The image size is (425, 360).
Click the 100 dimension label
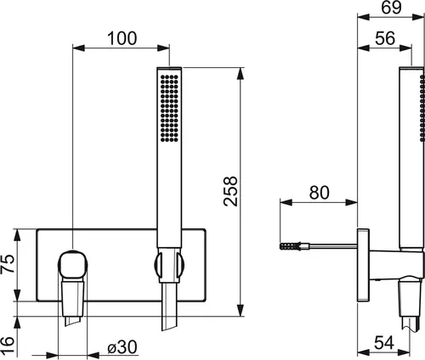coord(122,38)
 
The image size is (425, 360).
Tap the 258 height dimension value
coord(230,191)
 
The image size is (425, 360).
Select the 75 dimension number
coord(8,264)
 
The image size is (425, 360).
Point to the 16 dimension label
coord(8,345)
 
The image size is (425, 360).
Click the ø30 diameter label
coord(122,347)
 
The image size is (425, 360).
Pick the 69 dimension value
coord(391,8)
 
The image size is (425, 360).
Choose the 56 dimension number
coord(385,38)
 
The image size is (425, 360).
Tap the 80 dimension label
coord(320,193)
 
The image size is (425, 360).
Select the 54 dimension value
coord(384,343)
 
